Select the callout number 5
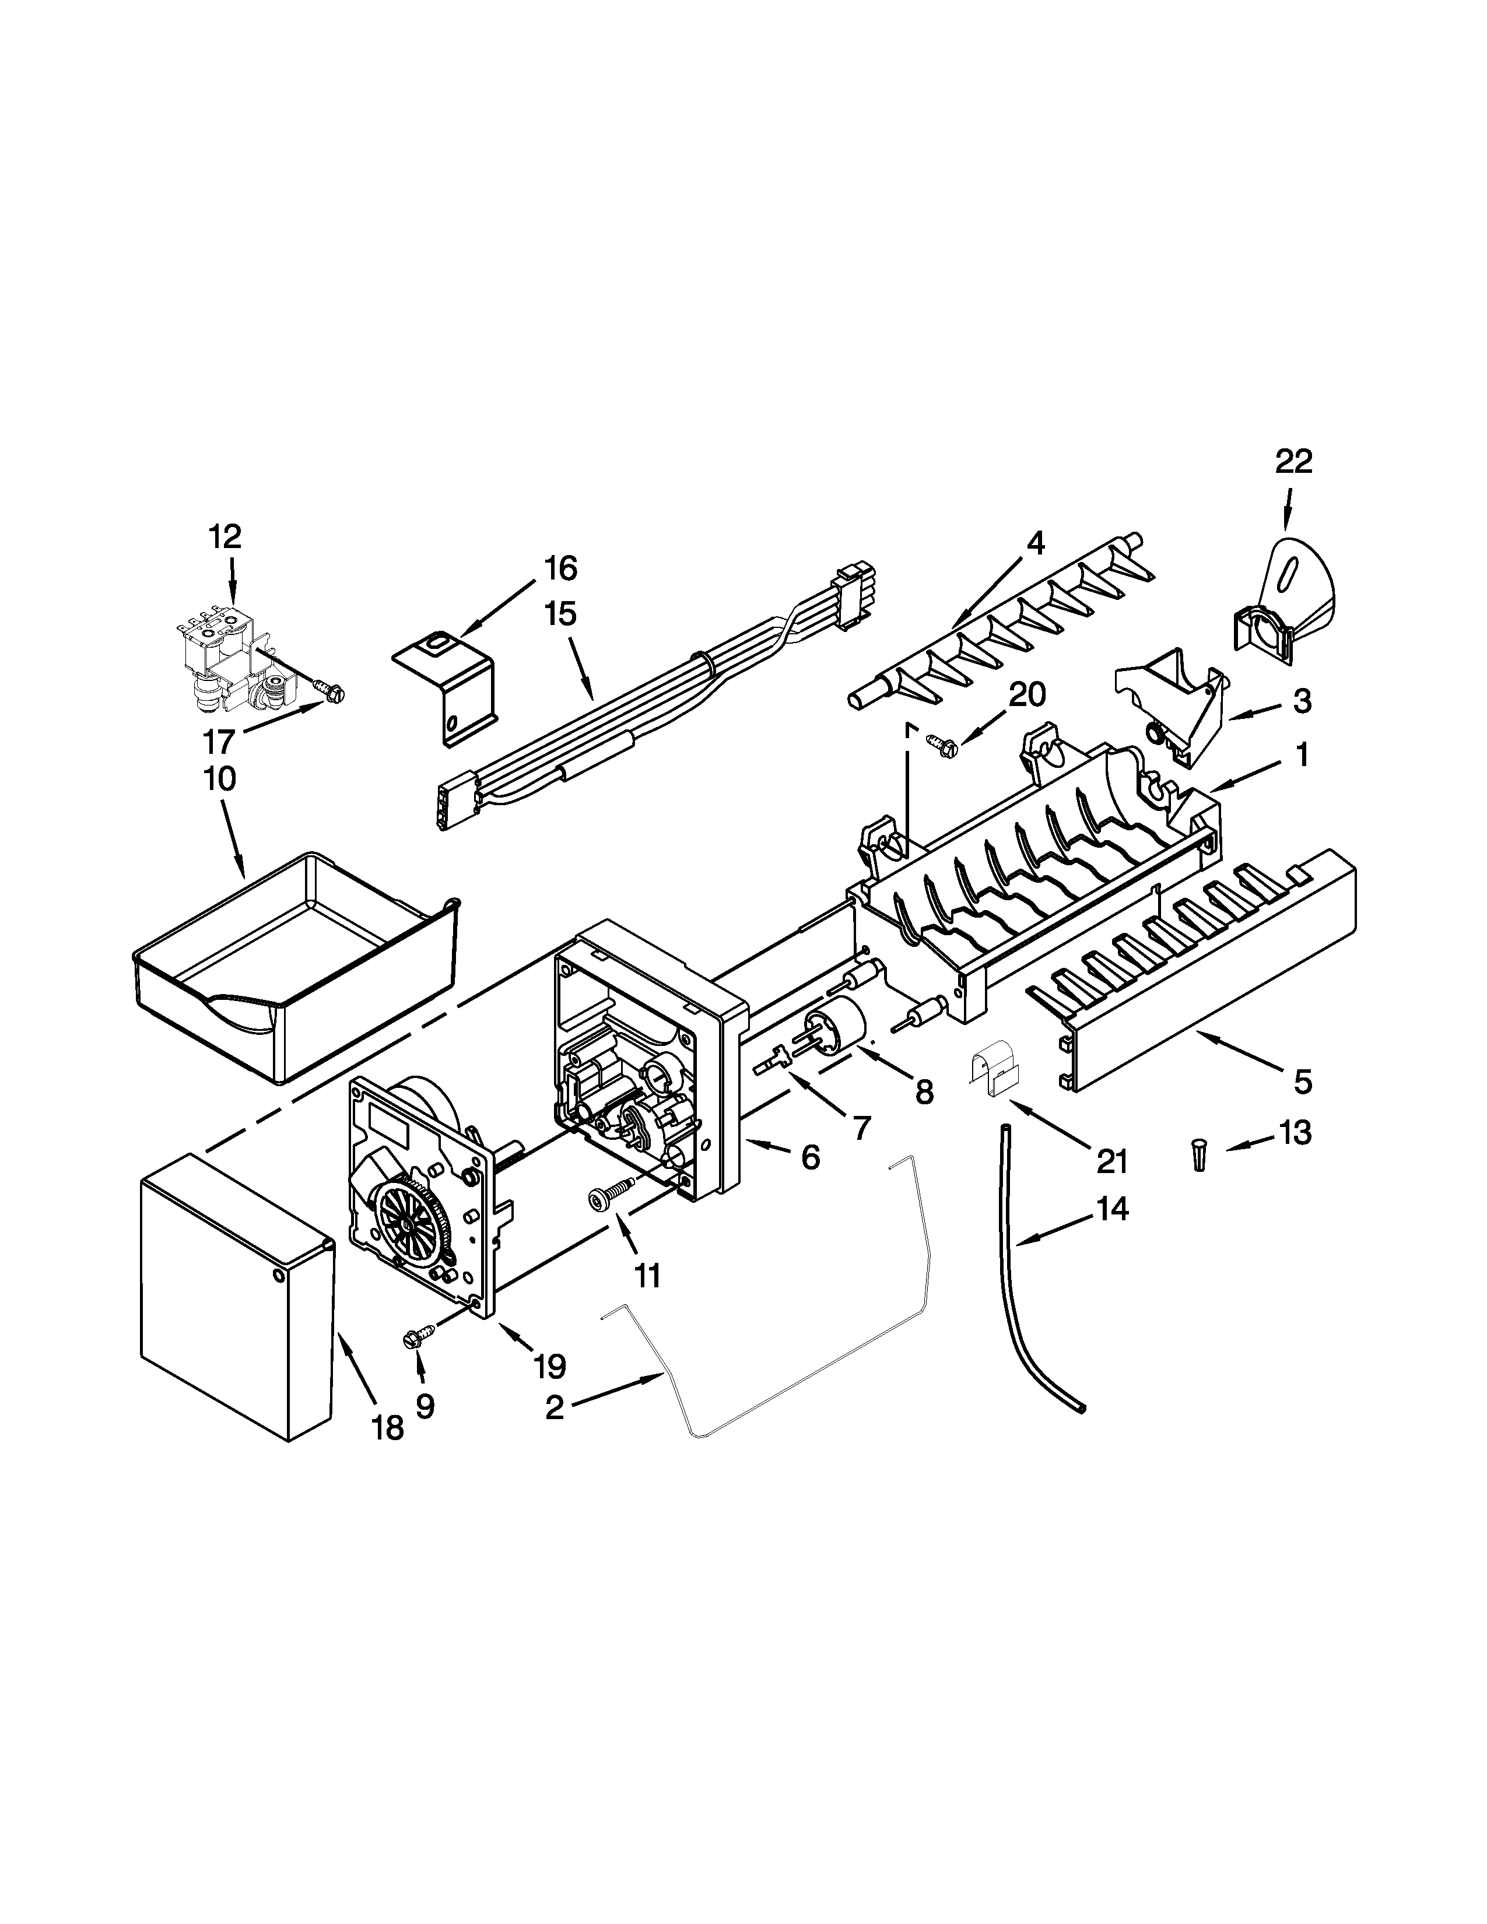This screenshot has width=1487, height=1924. coord(1303,1081)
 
